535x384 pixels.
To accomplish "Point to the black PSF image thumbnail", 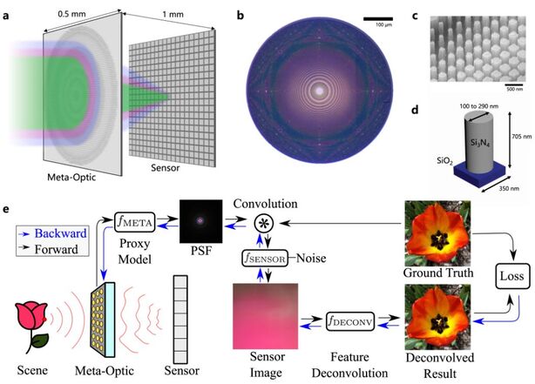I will click(196, 223).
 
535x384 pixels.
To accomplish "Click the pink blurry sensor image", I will click(264, 314).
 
